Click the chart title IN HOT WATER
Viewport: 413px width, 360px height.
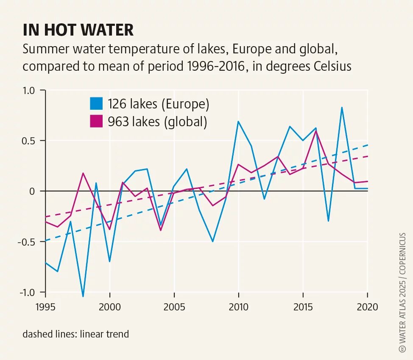[x=78, y=30]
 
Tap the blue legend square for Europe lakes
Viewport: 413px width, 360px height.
[x=96, y=104]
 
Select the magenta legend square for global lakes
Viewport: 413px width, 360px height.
[x=96, y=122]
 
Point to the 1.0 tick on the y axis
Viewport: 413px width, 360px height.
[x=31, y=90]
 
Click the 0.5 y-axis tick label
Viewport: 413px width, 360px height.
[x=31, y=141]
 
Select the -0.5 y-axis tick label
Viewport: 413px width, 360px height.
[x=30, y=241]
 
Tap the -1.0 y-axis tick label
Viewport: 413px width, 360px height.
[x=30, y=292]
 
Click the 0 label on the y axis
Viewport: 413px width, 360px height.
[x=35, y=191]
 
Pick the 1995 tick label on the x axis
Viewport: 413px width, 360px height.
[x=45, y=307]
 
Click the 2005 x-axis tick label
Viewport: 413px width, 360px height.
[x=174, y=307]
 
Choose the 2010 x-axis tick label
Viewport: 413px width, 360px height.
[x=239, y=307]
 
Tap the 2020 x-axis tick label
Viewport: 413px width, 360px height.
[x=367, y=307]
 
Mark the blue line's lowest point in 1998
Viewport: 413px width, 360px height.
[x=83, y=296]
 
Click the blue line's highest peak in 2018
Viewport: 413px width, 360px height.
[x=342, y=108]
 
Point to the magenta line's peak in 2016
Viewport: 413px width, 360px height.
[x=316, y=131]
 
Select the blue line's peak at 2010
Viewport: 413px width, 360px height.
[x=238, y=122]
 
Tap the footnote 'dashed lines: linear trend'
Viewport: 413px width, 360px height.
[x=76, y=334]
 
